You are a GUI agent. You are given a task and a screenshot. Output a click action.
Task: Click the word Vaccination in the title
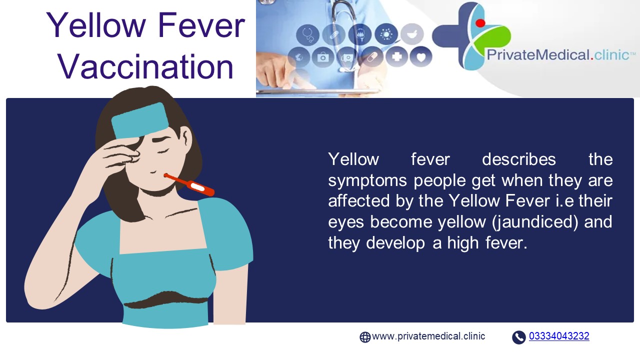(x=145, y=67)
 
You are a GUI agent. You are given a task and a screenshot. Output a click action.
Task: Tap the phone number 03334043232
(x=559, y=336)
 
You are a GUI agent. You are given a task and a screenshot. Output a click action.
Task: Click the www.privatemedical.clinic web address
(x=428, y=336)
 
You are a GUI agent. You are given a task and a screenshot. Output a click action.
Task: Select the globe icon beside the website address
(x=365, y=337)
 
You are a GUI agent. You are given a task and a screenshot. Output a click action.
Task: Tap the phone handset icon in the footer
(x=519, y=337)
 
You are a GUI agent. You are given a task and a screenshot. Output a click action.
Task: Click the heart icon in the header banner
(x=421, y=57)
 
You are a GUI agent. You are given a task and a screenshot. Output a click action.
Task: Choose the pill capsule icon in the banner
(x=372, y=57)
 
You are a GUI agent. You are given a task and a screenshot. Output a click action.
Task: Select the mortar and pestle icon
(x=411, y=34)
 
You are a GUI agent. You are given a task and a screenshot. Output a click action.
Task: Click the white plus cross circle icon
(x=397, y=57)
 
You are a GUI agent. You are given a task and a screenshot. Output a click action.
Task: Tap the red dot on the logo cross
(x=480, y=22)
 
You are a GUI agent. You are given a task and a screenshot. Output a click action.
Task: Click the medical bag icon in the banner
(x=323, y=57)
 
